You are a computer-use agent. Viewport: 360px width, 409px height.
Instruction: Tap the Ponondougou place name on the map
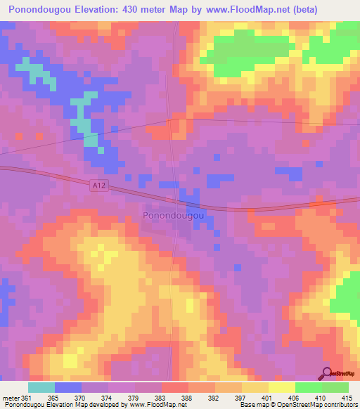pos(174,216)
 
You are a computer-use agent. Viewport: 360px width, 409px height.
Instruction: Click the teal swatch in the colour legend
pos(41,387)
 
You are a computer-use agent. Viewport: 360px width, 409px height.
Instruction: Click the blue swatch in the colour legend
pos(68,387)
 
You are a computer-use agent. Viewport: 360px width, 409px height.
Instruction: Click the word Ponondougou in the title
pos(41,10)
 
